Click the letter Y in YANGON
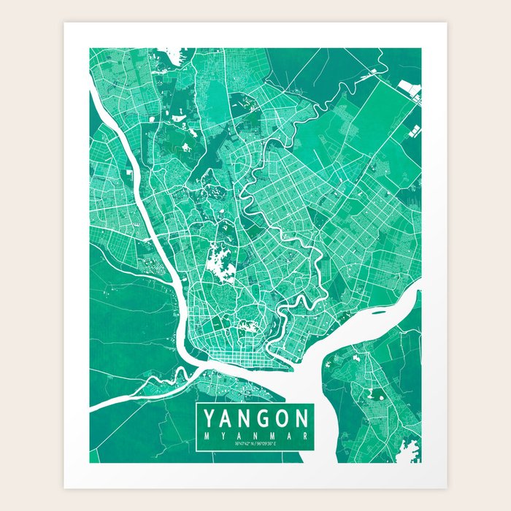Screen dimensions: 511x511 pos(209,419)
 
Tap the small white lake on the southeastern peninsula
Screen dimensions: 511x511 pos(377,395)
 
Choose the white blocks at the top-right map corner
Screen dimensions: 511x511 pos(410,91)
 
